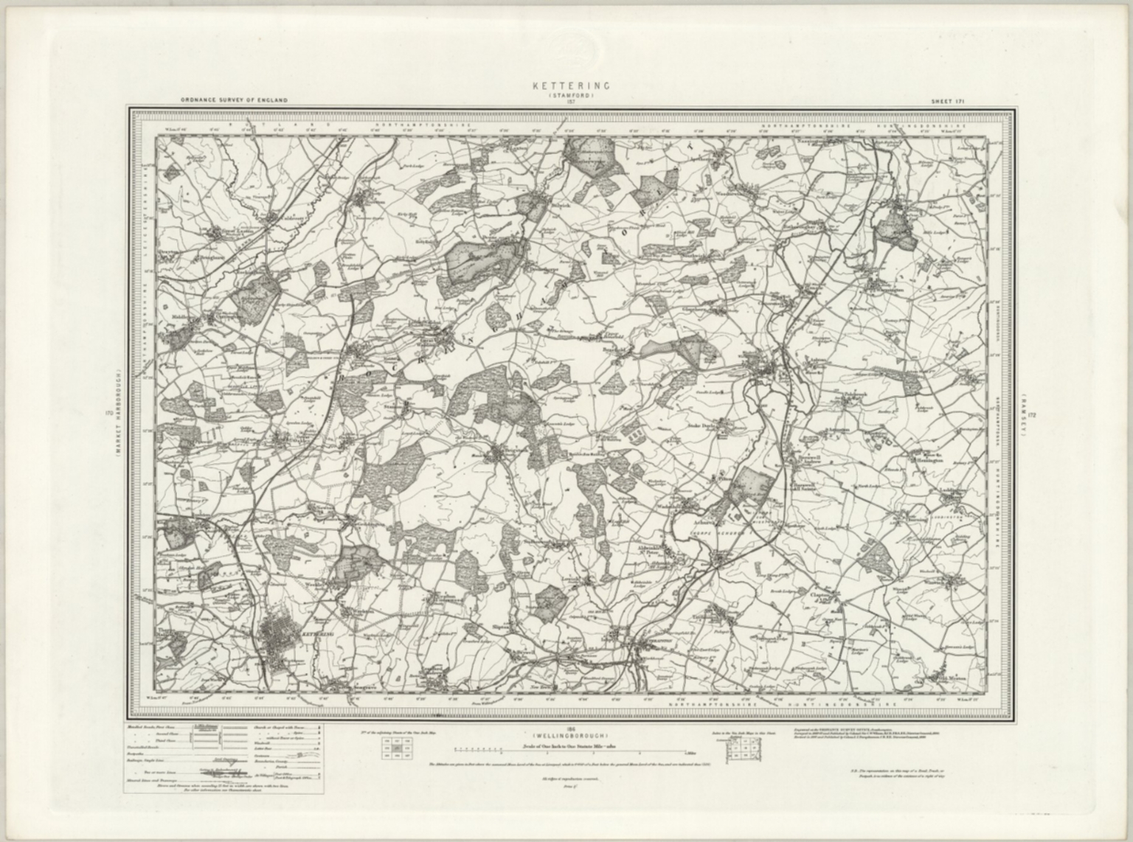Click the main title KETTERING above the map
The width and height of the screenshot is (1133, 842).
pyautogui.click(x=571, y=86)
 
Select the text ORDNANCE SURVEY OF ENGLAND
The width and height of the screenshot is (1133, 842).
pyautogui.click(x=234, y=100)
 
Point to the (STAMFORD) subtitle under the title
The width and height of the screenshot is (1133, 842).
pyautogui.click(x=571, y=94)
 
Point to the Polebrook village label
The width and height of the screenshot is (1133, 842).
pyautogui.click(x=856, y=397)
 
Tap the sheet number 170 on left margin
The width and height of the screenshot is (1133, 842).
pyautogui.click(x=109, y=414)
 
